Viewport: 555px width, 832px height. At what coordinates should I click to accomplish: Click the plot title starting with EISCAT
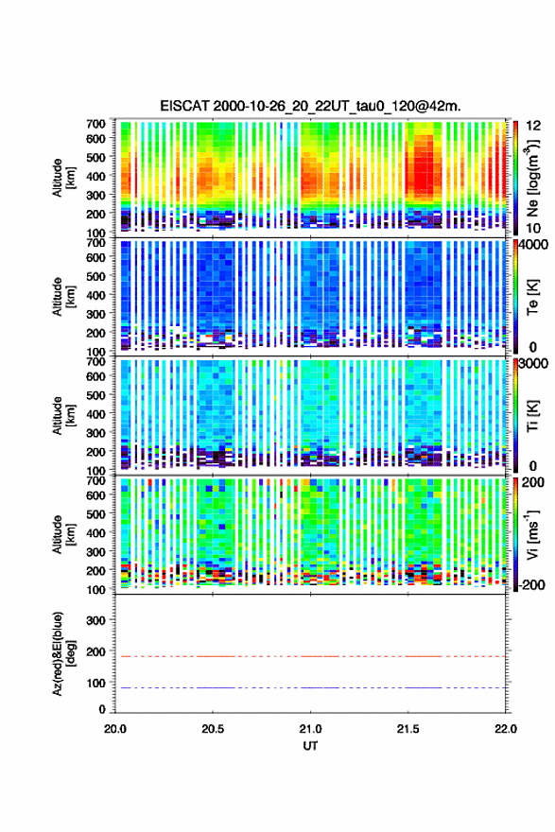point(310,106)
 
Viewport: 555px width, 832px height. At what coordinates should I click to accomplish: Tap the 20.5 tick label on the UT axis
point(212,729)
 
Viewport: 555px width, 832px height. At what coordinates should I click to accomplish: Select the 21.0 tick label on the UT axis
point(310,729)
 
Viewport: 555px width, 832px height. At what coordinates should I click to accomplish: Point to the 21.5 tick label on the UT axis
point(408,729)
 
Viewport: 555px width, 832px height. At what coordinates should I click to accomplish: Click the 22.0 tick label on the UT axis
point(505,729)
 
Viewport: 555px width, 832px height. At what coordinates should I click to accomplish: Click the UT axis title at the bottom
point(310,746)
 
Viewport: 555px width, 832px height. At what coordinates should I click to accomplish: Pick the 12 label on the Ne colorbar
point(533,126)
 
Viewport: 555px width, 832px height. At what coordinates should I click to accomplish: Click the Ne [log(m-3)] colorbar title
point(532,179)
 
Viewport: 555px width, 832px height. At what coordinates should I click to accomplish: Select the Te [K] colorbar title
point(532,297)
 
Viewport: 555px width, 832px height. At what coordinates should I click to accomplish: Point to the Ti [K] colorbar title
point(532,416)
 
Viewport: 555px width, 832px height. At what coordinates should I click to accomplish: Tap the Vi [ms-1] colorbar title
point(532,534)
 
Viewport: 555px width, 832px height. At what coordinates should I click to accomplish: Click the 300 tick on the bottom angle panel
point(96,620)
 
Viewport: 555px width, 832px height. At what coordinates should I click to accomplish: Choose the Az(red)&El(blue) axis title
point(62,653)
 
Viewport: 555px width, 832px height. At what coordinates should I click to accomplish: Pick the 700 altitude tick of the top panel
point(96,124)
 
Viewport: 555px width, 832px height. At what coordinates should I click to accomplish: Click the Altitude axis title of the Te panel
point(63,297)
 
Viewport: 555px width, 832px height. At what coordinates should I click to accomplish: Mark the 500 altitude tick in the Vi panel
point(96,513)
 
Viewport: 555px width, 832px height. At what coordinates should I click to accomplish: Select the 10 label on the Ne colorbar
point(533,228)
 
